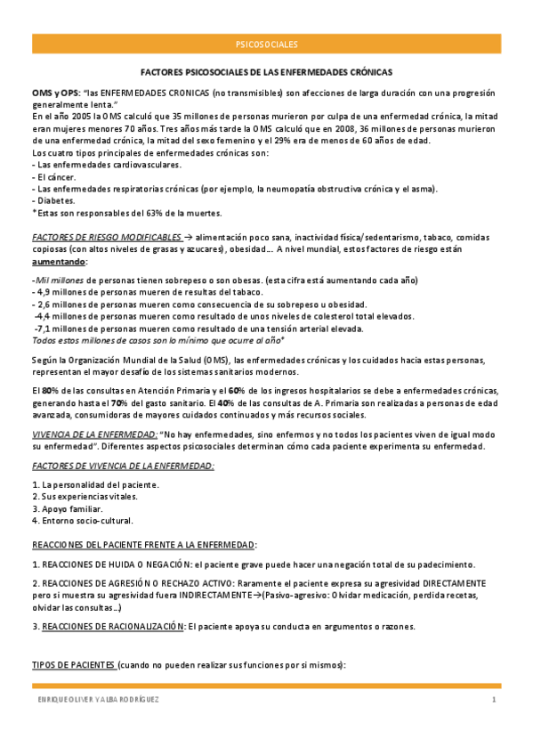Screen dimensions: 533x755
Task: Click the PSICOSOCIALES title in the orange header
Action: click(x=266, y=43)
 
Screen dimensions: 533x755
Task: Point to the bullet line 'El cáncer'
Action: click(x=57, y=177)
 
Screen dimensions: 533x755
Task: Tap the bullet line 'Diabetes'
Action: click(x=56, y=201)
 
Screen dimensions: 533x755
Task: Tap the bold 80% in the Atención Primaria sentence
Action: click(x=51, y=391)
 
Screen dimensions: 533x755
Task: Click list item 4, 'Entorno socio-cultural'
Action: click(x=82, y=520)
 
